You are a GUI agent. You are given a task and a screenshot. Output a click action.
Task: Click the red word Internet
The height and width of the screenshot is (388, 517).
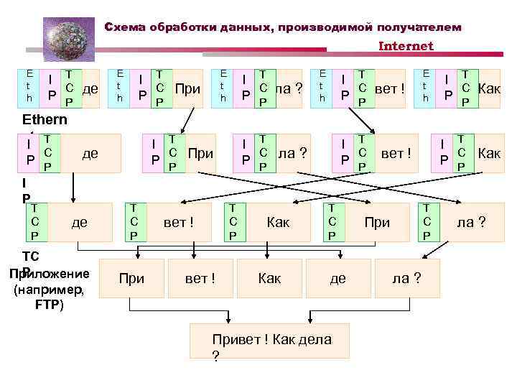406,46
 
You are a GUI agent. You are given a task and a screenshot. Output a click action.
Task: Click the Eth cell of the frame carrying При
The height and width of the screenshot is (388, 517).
120,87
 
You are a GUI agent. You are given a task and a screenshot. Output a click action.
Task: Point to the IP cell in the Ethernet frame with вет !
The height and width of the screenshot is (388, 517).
345,88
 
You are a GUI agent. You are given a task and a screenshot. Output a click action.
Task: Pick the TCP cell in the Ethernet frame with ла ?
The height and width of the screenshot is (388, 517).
265,88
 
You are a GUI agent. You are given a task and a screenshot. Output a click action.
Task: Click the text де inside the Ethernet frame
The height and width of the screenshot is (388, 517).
90,88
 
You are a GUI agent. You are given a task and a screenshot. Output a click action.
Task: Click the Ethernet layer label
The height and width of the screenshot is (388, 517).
45,120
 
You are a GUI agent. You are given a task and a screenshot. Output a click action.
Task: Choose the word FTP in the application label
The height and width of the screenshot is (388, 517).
49,304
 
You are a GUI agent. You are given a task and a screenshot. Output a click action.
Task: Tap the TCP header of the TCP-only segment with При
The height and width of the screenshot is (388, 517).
332,223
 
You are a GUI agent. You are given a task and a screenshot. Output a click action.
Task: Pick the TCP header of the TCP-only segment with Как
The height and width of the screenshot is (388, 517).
233,223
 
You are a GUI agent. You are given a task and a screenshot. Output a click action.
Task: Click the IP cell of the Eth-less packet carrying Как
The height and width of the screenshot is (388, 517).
444,152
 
